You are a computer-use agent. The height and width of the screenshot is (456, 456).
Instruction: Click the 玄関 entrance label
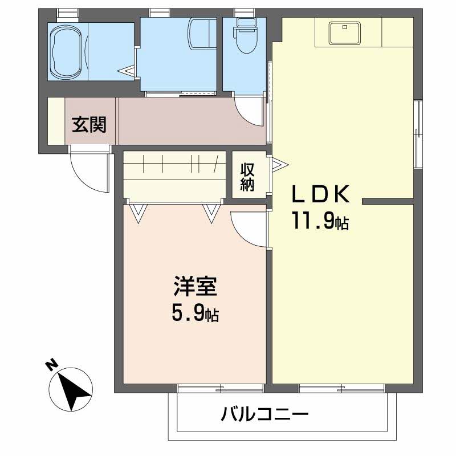click(89, 124)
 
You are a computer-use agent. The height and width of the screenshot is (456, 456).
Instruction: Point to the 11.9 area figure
click(320, 221)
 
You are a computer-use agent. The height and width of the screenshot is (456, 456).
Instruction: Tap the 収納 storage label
click(247, 177)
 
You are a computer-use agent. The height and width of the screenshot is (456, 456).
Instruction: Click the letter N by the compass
click(52, 365)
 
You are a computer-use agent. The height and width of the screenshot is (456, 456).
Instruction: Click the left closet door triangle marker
click(137, 213)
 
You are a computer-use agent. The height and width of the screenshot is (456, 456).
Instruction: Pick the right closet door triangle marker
click(211, 213)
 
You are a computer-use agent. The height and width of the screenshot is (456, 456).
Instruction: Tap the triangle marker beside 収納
click(277, 166)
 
